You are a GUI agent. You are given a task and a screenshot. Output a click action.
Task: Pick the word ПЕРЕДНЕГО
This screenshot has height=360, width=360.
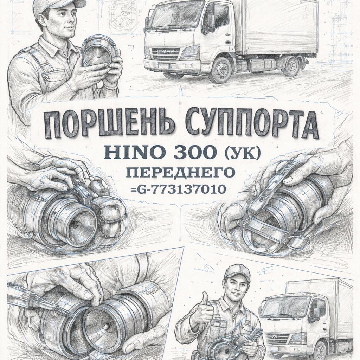[181, 173]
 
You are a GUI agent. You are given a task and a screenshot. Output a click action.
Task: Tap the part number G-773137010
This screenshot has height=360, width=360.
[182, 189]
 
